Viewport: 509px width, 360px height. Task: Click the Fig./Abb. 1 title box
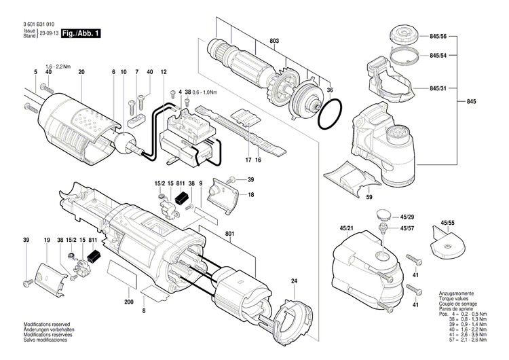(x=81, y=33)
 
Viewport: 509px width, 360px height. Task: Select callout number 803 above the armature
(x=274, y=42)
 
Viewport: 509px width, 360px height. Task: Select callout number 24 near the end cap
(x=295, y=281)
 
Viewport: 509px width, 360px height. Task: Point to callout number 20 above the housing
(x=81, y=72)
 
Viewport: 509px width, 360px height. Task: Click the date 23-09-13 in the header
(x=48, y=33)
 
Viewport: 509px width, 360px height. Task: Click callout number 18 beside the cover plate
(x=251, y=195)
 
